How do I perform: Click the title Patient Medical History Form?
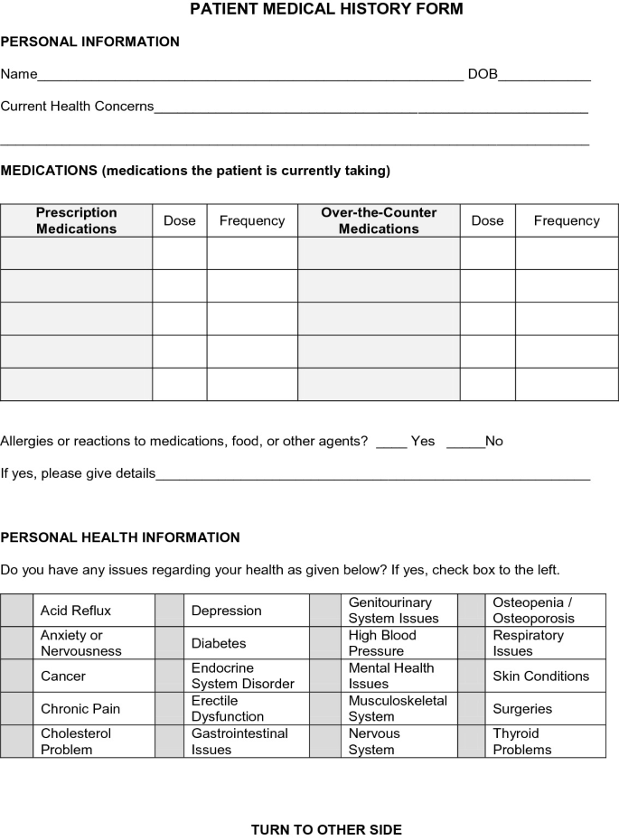pos(326,10)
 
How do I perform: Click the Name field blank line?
pos(250,76)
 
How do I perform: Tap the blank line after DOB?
pos(544,76)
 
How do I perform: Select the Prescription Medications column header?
pos(77,220)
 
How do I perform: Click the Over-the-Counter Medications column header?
pos(379,220)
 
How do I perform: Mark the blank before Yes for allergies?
pos(391,443)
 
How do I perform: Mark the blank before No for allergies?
pos(465,443)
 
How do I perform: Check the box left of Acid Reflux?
pos(16,611)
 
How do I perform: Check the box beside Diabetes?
pos(169,643)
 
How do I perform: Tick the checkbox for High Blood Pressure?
pos(325,643)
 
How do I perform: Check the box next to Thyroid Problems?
pos(472,742)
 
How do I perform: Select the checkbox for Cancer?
pos(16,676)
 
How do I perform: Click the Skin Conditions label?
pos(540,676)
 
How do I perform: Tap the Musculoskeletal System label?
pos(398,709)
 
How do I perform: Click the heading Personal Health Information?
pos(120,537)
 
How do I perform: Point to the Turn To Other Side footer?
pos(326,829)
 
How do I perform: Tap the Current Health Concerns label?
pos(77,107)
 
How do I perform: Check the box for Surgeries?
pos(472,709)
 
